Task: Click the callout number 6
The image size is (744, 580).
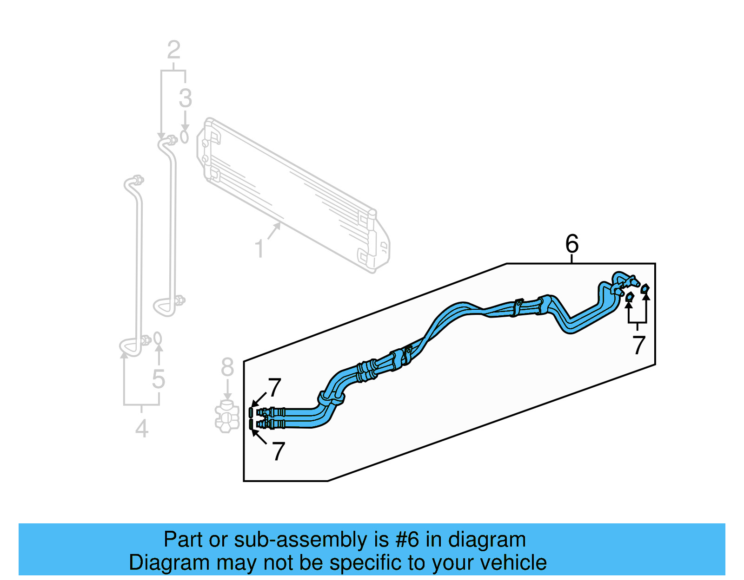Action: [x=572, y=244]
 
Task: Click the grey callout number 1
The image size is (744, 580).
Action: [x=259, y=249]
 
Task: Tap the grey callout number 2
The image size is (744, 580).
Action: [x=173, y=50]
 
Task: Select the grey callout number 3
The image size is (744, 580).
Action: [x=185, y=98]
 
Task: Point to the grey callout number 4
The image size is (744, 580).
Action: [x=142, y=428]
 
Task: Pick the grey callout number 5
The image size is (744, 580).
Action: [x=159, y=379]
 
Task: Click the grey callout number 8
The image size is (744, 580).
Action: [x=227, y=367]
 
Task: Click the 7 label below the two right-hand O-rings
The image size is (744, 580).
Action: [x=639, y=345]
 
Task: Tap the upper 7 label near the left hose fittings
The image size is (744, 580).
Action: [x=275, y=387]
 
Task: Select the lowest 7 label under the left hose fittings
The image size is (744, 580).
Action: [x=278, y=451]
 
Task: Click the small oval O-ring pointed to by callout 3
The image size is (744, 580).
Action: [x=185, y=137]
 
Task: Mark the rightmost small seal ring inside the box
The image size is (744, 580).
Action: [x=645, y=289]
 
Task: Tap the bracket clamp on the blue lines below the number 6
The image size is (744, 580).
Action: [x=518, y=307]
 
